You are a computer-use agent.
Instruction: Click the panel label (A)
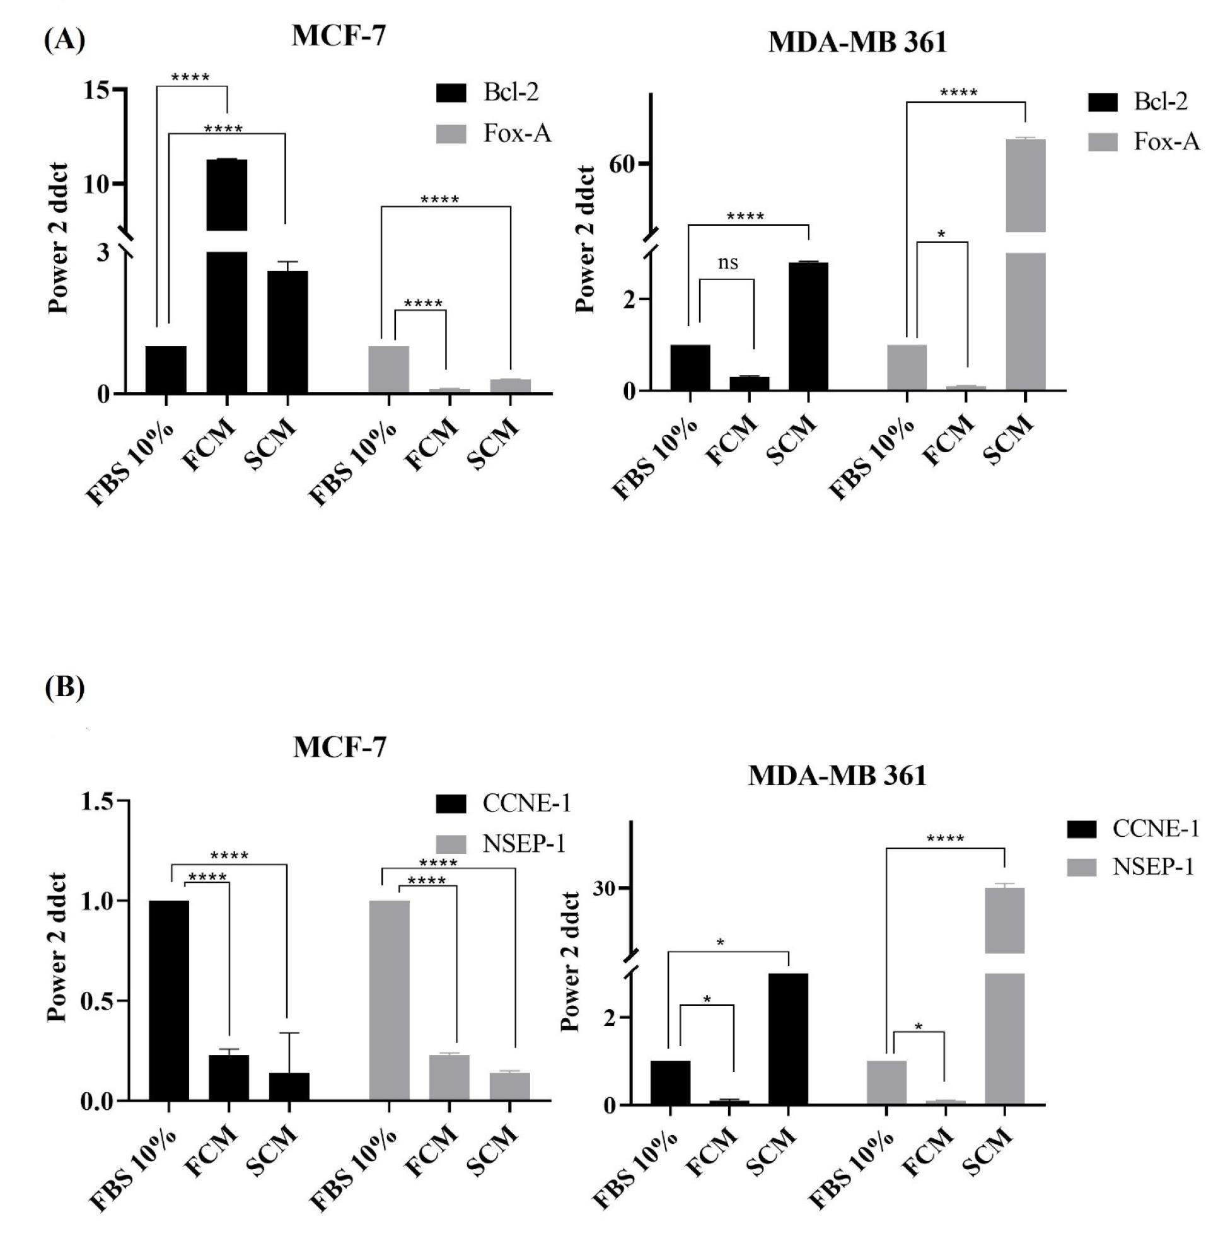(64, 43)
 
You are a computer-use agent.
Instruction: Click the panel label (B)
(64, 689)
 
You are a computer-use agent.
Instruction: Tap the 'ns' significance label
(728, 262)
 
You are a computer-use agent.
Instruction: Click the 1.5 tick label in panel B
(100, 801)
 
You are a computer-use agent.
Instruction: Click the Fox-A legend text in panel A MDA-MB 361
(1167, 142)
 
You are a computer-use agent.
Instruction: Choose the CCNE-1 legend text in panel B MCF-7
(526, 803)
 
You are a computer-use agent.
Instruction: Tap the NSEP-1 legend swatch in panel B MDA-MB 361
(1081, 868)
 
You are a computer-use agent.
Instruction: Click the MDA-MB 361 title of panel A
(857, 43)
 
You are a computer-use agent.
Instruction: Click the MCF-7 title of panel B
(340, 747)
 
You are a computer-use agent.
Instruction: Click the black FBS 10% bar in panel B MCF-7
(168, 1001)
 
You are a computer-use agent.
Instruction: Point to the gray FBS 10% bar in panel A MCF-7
(388, 370)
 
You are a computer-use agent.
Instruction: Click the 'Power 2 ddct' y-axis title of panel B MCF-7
(58, 950)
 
